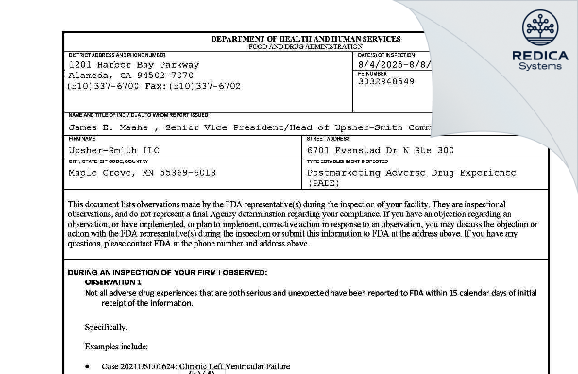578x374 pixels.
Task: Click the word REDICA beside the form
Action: (540, 56)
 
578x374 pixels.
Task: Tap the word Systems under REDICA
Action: (540, 68)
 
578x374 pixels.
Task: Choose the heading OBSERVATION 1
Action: (112, 282)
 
